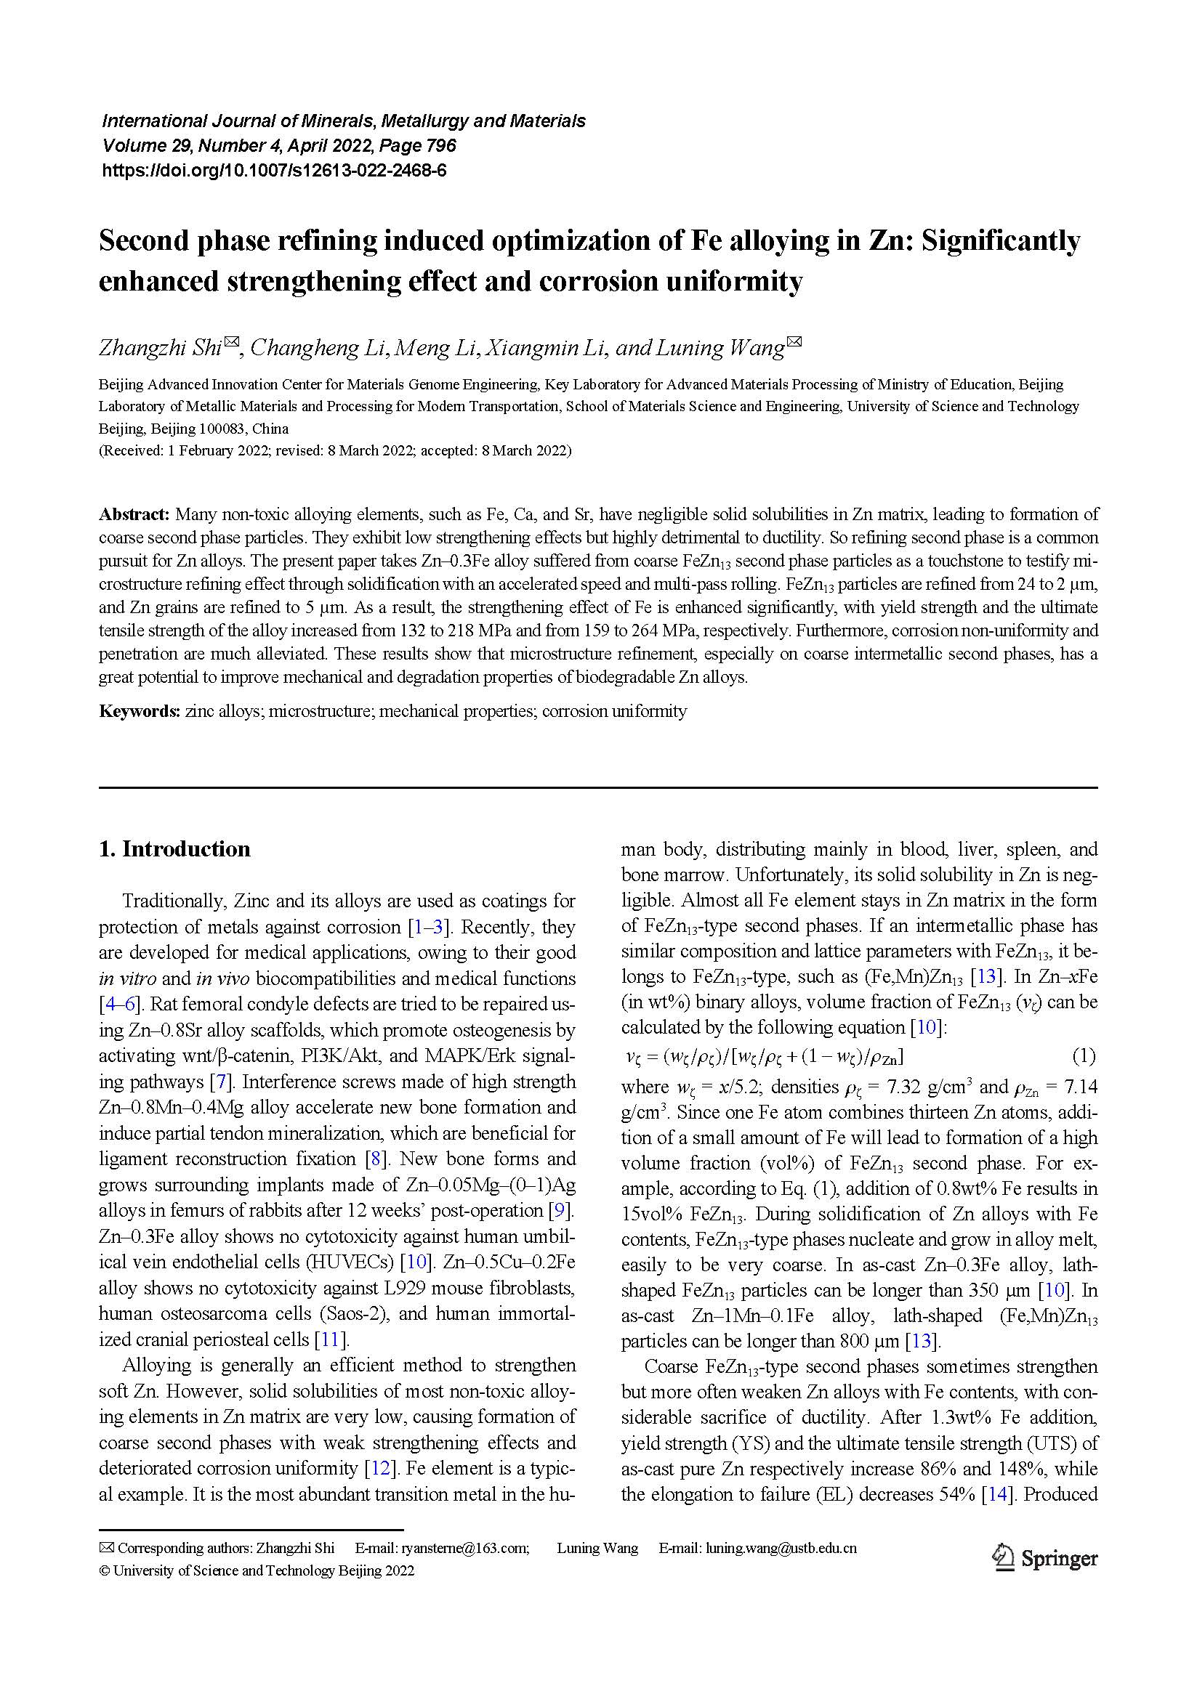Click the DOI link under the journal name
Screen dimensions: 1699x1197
pos(274,171)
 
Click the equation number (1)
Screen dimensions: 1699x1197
pos(1083,1055)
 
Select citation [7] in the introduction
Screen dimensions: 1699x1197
pos(219,1082)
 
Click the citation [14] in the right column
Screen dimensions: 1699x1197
pos(996,1494)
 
